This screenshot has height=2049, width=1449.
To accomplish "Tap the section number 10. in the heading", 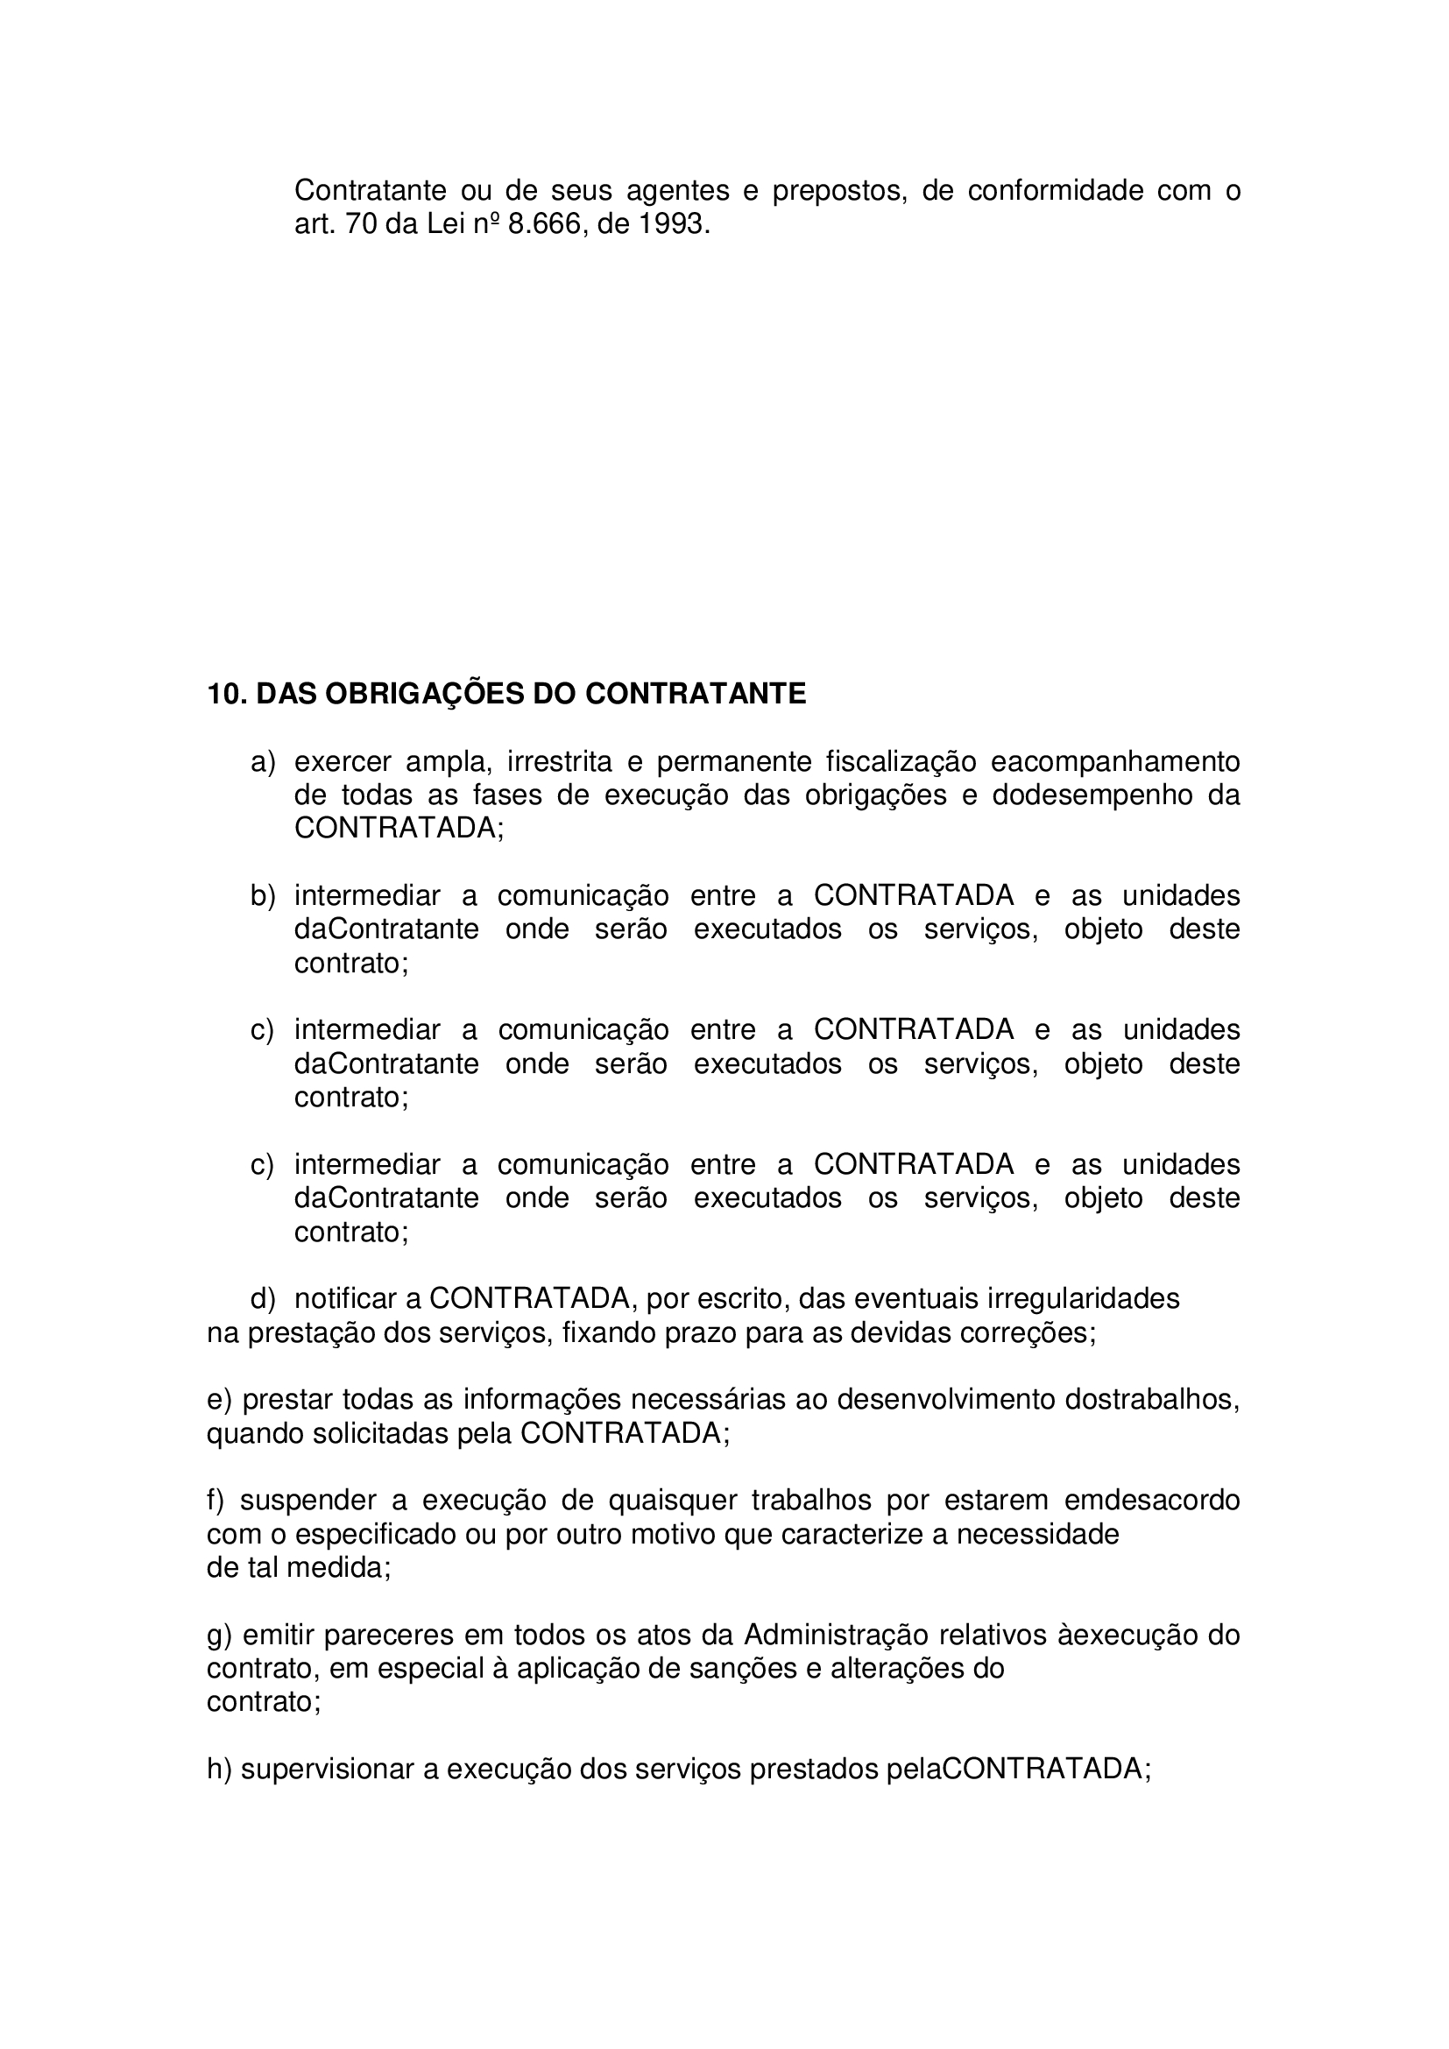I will click(227, 694).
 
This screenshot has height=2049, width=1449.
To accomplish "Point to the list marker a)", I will click(262, 762).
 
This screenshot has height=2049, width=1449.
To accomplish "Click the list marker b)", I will click(262, 896).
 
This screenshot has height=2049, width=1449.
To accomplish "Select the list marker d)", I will click(262, 1298).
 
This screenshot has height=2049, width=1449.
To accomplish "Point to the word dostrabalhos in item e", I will click(1152, 1399).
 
